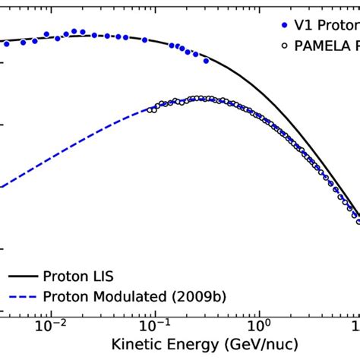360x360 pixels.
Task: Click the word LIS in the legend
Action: (x=98, y=276)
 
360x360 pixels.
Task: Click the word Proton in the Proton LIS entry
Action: (x=64, y=276)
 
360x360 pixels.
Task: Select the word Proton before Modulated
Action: (x=64, y=297)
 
